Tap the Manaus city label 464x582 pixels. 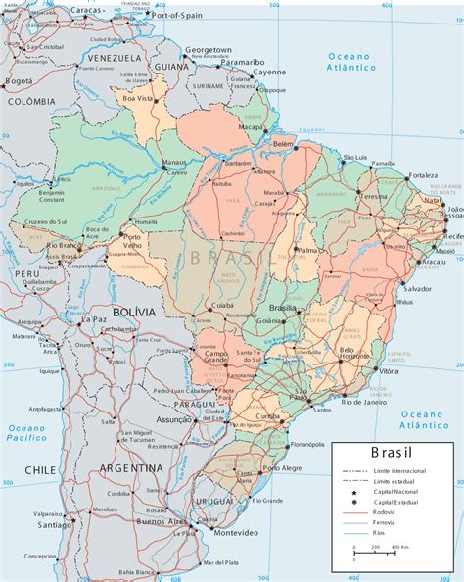pos(175,163)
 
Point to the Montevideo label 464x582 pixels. pos(234,532)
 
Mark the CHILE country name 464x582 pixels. pos(40,470)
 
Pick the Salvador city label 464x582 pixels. pos(417,289)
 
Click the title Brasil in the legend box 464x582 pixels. pos(392,453)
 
